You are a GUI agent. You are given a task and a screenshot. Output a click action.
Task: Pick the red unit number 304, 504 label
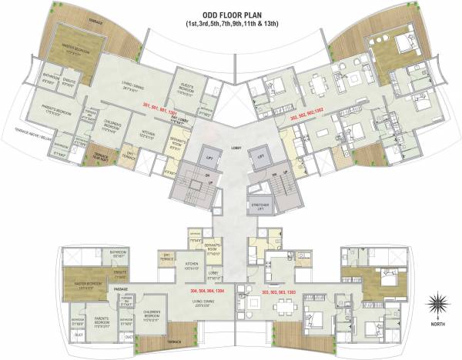(x=206, y=292)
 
